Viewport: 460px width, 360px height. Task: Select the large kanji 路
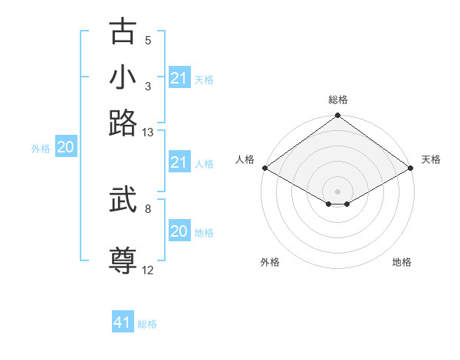click(x=123, y=123)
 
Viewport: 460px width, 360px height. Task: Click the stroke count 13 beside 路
click(x=148, y=133)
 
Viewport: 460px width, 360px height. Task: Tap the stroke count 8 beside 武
click(x=148, y=208)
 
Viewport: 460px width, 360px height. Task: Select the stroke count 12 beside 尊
click(x=148, y=270)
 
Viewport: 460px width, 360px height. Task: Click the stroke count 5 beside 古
click(x=148, y=41)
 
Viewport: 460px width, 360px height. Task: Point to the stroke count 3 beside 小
click(x=148, y=86)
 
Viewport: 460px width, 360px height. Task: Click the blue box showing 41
click(x=123, y=322)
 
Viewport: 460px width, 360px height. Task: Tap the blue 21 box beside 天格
click(x=179, y=78)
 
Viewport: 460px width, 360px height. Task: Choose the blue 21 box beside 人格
click(x=179, y=162)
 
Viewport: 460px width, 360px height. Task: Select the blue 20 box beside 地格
click(x=179, y=231)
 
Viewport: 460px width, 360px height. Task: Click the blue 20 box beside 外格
click(x=65, y=148)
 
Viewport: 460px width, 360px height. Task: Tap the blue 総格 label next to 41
click(x=147, y=324)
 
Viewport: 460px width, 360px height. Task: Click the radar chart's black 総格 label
click(x=337, y=100)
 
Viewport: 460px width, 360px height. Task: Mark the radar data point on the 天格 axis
click(x=412, y=168)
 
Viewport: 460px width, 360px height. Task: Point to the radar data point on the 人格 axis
click(x=264, y=168)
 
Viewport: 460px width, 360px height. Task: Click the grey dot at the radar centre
click(x=337, y=191)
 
